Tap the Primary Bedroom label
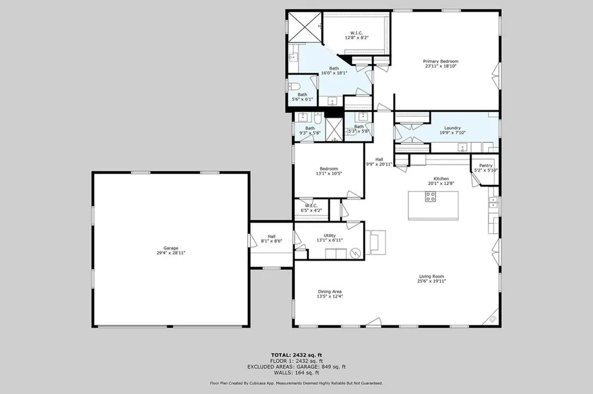440,61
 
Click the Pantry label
485,165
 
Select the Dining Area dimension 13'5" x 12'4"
330,296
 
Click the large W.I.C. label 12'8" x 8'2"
357,38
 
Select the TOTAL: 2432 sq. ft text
296,355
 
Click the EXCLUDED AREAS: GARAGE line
296,366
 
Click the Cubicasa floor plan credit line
296,383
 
